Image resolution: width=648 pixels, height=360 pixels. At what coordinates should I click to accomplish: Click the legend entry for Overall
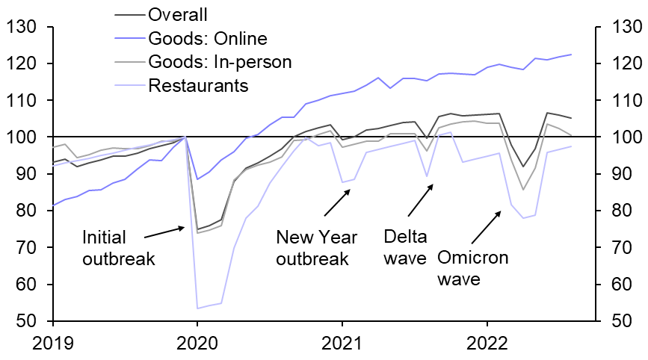(178, 15)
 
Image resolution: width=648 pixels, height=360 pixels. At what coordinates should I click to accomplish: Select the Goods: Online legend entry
(208, 38)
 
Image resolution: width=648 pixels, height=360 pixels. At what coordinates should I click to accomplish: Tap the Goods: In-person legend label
(220, 61)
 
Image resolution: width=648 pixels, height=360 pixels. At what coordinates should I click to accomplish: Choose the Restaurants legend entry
(198, 85)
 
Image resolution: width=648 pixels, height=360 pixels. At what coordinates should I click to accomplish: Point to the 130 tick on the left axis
(23, 28)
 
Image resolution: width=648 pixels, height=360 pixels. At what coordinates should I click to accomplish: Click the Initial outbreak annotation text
(119, 249)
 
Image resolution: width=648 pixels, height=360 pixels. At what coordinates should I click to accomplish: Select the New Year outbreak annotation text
(312, 249)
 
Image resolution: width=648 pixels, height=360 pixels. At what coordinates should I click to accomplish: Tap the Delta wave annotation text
(405, 249)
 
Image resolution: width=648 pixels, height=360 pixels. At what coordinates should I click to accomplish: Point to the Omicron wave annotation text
(472, 269)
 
